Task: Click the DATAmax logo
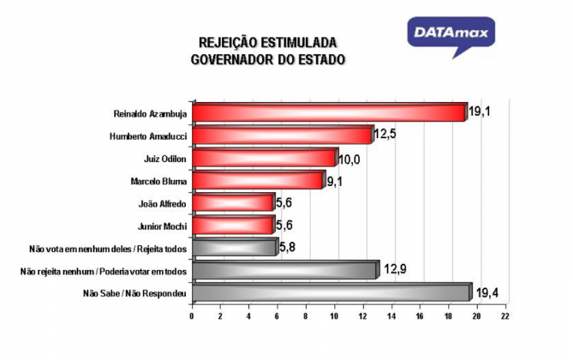(x=451, y=35)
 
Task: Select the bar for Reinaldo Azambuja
(x=330, y=112)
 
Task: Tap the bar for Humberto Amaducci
(x=284, y=135)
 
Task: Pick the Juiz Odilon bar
(x=266, y=158)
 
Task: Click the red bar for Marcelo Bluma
(x=259, y=180)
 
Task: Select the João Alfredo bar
(x=234, y=202)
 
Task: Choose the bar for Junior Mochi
(x=234, y=225)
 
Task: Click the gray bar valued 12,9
(x=286, y=270)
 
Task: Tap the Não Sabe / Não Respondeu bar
(x=332, y=292)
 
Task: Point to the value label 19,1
(x=480, y=111)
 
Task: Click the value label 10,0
(x=349, y=160)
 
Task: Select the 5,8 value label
(x=287, y=248)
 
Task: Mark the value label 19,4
(x=487, y=292)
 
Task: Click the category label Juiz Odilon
(x=164, y=159)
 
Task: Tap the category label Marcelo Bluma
(x=158, y=182)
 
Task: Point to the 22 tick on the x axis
(x=505, y=316)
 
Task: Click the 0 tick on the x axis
(x=192, y=316)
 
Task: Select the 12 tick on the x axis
(x=362, y=316)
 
